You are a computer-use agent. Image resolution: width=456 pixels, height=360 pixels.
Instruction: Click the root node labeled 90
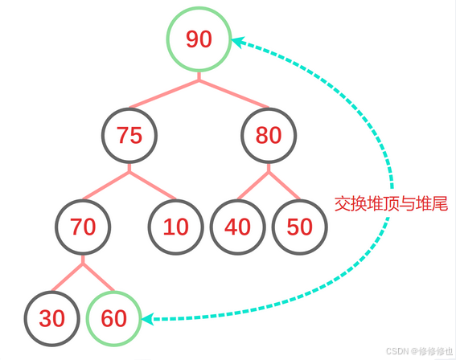point(199,39)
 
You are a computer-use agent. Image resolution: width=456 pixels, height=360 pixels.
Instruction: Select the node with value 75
point(129,136)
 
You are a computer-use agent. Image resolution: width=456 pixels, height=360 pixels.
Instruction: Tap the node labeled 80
point(269,136)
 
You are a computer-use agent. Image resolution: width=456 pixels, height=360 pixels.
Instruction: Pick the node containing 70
point(83,227)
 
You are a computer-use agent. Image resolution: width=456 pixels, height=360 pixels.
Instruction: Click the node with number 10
point(175,227)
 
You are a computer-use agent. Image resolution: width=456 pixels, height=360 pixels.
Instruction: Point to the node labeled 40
point(237,227)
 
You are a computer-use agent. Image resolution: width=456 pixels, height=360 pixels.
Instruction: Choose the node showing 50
point(299,227)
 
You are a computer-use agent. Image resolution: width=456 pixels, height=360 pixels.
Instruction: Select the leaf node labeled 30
point(51,319)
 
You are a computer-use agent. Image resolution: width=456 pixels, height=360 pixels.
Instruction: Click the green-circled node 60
point(113,319)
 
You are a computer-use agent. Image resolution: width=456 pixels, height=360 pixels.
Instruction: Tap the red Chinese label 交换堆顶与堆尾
point(391,203)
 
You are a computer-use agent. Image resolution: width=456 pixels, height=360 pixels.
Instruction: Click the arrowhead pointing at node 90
point(238,42)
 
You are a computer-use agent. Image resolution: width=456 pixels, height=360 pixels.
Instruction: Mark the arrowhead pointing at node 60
point(148,319)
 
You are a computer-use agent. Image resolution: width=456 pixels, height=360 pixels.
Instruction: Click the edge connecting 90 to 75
point(164,94)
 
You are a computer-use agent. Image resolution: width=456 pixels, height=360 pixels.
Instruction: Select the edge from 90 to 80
point(234,94)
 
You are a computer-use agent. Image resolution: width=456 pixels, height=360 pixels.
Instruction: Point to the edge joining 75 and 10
point(153,186)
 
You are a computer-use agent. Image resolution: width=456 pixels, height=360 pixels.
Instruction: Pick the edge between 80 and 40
point(253,186)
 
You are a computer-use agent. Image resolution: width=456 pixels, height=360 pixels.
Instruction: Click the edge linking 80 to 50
point(284,186)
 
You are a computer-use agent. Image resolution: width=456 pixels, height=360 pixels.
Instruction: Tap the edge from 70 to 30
point(68,277)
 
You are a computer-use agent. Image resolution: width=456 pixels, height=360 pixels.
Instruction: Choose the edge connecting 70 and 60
point(98,277)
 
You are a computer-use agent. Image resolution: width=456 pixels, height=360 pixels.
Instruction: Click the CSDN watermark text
point(419,351)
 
